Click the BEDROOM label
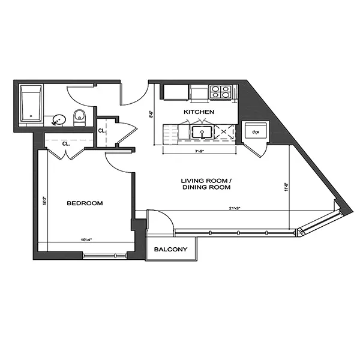coord(85,203)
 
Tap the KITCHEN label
coord(199,112)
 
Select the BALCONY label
coord(171,250)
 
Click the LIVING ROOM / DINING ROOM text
coord(206,184)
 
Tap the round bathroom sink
coord(59,119)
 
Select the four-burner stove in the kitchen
coord(221,92)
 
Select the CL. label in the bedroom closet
coord(65,144)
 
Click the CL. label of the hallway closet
coord(102,130)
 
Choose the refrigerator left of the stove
coord(176,92)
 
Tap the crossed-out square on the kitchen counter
coord(226,132)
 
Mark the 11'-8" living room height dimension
coord(287,187)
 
